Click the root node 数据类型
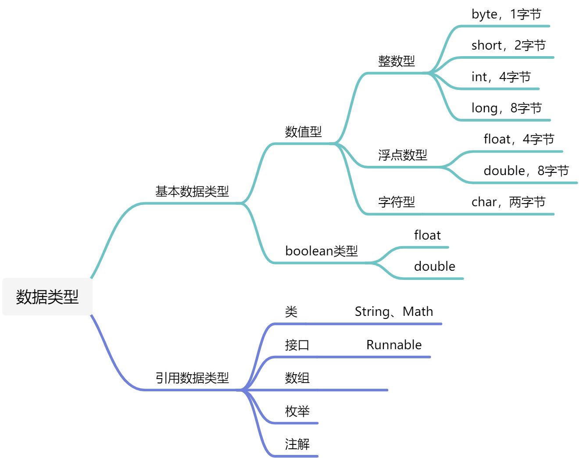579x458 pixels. click(47, 297)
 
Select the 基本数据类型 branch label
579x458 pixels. click(192, 191)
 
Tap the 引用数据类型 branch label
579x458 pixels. click(192, 378)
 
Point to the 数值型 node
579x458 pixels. click(303, 132)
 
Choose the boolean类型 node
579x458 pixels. click(322, 251)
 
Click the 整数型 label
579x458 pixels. click(397, 61)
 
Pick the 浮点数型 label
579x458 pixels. click(403, 155)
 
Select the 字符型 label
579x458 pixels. click(397, 202)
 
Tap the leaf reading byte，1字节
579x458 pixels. click(506, 14)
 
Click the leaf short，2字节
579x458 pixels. click(508, 45)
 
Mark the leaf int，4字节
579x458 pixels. click(501, 77)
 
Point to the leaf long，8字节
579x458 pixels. click(506, 108)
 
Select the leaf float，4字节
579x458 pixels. click(519, 139)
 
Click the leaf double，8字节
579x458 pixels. click(526, 171)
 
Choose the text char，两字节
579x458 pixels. click(508, 202)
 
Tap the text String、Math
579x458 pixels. click(393, 311)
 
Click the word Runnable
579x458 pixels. click(394, 345)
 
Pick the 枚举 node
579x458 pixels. click(297, 411)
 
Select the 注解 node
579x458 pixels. click(297, 444)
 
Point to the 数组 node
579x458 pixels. click(297, 378)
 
